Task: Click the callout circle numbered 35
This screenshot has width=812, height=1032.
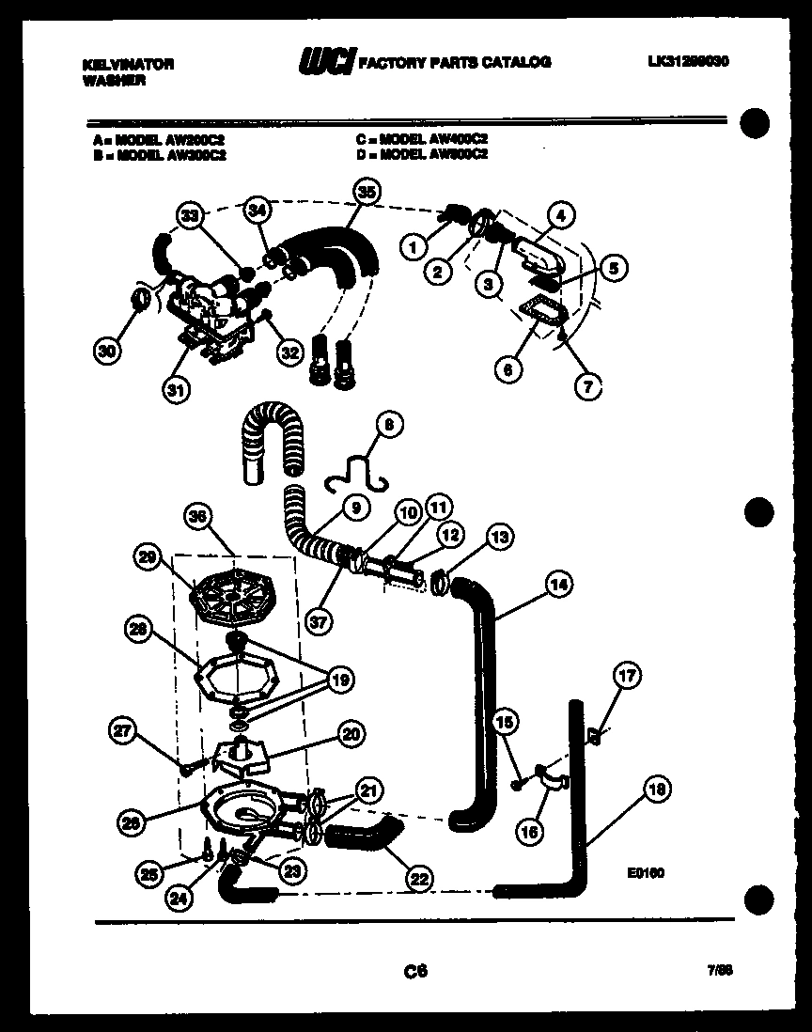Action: [x=366, y=194]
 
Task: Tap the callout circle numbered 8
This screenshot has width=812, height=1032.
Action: [x=389, y=426]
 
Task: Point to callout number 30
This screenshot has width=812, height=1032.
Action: [x=109, y=352]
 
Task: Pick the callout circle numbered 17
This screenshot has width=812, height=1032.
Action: [x=626, y=675]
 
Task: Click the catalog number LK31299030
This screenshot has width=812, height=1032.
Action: [x=688, y=61]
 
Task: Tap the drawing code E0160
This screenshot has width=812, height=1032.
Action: [x=646, y=872]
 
